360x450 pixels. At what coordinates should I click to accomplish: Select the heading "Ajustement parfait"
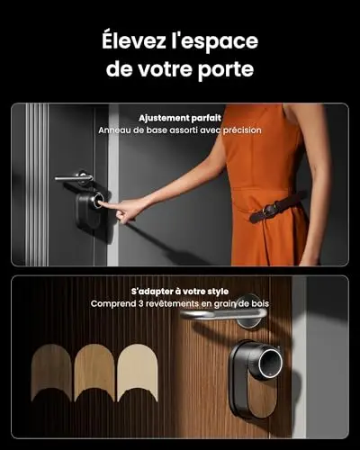pos(180,118)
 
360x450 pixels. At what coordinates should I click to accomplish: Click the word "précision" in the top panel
pos(242,130)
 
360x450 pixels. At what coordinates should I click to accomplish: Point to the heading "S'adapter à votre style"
pos(180,292)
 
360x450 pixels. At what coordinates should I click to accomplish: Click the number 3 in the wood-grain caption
pos(141,303)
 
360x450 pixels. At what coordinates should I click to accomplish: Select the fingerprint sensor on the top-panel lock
pos(98,200)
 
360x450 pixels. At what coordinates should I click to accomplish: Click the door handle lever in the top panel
pos(74,178)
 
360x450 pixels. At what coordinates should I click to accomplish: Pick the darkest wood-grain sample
pos(51,373)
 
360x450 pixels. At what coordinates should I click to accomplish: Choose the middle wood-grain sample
pos(94,373)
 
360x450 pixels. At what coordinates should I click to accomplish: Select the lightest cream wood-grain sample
pos(138,373)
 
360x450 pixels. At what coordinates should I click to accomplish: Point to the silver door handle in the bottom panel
pos(223,314)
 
